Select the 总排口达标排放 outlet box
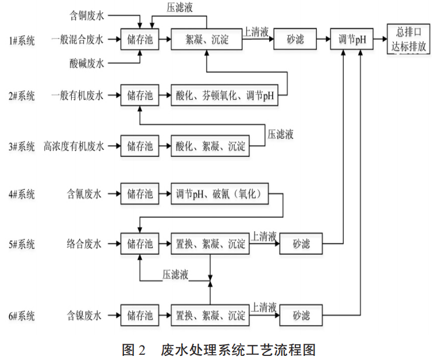pos(407,40)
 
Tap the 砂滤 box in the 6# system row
pos(301,316)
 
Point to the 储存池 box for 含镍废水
pos(140,316)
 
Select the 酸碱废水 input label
pos(85,64)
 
